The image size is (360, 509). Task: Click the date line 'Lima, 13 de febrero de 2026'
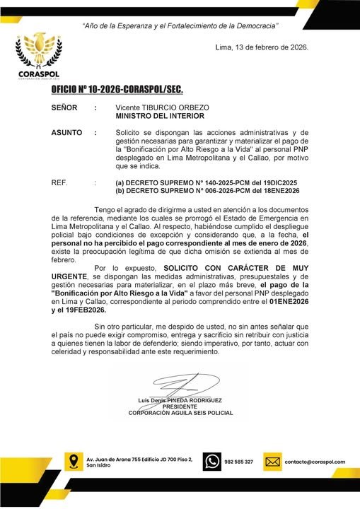click(261, 47)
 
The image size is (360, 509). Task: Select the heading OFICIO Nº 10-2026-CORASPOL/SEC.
click(117, 90)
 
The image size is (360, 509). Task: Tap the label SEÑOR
click(65, 107)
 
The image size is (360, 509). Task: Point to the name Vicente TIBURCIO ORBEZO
click(159, 107)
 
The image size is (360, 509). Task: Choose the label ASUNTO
click(66, 132)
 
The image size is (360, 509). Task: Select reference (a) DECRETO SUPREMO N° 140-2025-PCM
click(197, 182)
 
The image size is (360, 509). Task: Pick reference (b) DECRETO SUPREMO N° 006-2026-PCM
click(198, 191)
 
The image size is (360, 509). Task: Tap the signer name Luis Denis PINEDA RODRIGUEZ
click(180, 401)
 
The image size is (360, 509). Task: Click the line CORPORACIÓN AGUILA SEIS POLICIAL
click(180, 413)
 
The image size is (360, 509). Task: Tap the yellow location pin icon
click(71, 462)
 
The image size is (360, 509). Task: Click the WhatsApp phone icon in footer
click(211, 462)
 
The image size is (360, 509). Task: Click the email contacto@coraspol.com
click(315, 462)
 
